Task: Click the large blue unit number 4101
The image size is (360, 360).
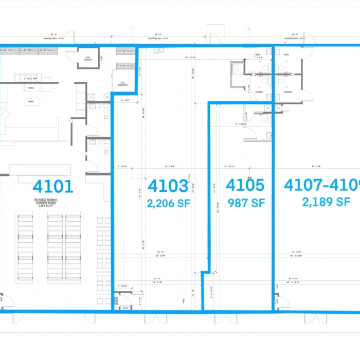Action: point(53,186)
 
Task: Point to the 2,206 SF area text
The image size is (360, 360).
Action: point(168,204)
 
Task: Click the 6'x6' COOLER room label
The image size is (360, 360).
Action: point(88,58)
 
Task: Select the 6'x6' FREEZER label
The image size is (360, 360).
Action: point(123,85)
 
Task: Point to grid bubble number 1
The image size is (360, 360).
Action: point(132,29)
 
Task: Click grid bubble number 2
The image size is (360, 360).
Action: point(249,29)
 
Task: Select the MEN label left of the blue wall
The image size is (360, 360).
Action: point(259,54)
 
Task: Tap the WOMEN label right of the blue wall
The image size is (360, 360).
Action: point(288,92)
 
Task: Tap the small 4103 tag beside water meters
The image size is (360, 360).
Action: point(125,308)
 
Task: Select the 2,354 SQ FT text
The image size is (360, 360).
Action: point(53,207)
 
